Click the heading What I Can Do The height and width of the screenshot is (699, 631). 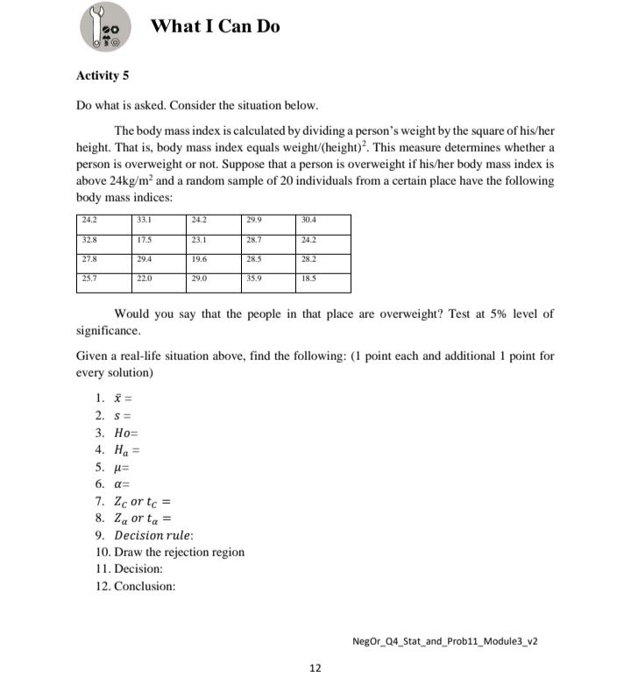[x=216, y=26]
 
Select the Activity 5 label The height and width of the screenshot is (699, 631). [x=103, y=75]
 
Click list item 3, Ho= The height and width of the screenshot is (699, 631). [x=118, y=434]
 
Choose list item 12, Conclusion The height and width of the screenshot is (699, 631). [x=135, y=586]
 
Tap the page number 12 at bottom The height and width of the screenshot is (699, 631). [x=315, y=668]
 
